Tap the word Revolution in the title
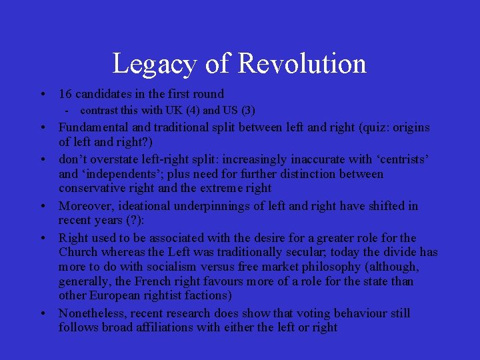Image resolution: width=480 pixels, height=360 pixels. coord(301,64)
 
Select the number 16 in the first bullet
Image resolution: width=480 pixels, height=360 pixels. coord(66,94)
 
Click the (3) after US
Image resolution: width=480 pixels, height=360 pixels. coord(247,110)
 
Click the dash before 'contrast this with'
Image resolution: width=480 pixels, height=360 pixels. coord(67,110)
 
